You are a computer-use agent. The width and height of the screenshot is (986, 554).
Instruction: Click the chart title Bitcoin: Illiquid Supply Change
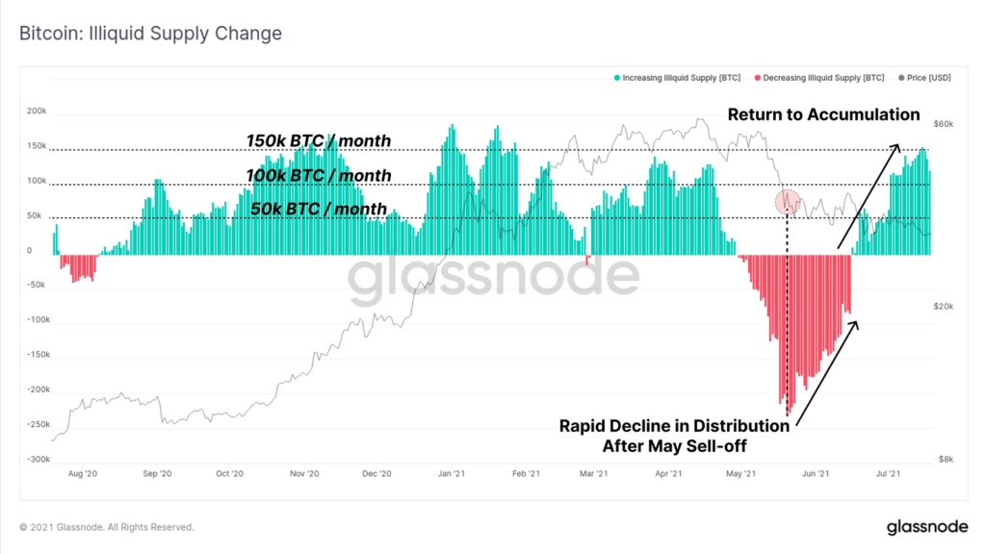(x=150, y=34)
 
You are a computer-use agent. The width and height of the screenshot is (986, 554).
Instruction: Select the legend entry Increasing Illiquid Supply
(x=679, y=76)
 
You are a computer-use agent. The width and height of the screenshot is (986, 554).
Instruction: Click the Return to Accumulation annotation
(x=823, y=114)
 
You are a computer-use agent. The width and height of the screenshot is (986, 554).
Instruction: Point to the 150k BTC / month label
(x=319, y=141)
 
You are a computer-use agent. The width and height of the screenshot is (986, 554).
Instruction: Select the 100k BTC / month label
(x=319, y=175)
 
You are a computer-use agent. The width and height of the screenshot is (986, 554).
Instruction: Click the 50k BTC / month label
(x=318, y=209)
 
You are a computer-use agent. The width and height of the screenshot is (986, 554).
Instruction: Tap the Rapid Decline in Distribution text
(x=674, y=426)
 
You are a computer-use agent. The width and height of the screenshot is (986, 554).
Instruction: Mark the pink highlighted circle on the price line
(x=788, y=202)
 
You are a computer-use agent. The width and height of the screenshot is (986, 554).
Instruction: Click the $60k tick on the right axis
(x=945, y=124)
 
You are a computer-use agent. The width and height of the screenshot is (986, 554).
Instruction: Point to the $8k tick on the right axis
(x=947, y=459)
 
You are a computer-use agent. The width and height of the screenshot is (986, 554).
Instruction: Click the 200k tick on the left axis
(x=37, y=112)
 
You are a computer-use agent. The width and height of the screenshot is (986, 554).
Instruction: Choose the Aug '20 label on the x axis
(x=84, y=473)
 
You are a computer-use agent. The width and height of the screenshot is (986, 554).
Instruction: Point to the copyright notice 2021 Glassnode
(x=106, y=527)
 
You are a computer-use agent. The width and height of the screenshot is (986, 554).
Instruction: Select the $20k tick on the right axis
(x=945, y=306)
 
